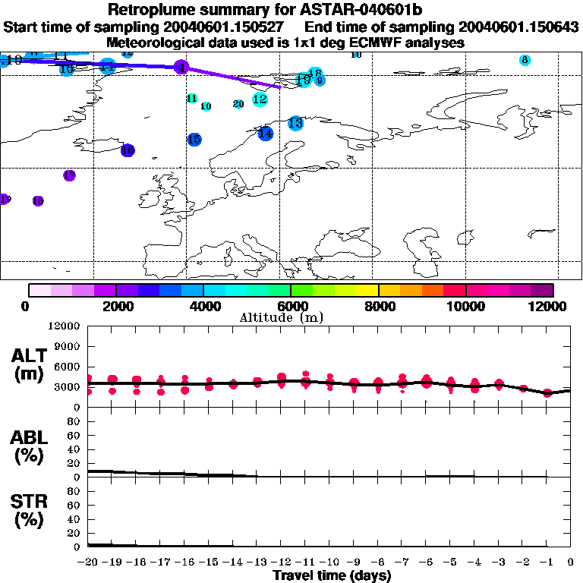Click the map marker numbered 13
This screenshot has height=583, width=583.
click(x=295, y=123)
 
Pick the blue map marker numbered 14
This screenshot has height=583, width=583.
click(x=265, y=134)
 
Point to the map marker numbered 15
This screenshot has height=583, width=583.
click(x=194, y=139)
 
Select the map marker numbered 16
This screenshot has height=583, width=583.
click(x=128, y=151)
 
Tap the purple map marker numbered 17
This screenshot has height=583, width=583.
click(x=69, y=175)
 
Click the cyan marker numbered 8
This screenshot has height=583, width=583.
click(x=525, y=60)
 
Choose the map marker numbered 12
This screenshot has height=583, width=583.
click(x=260, y=99)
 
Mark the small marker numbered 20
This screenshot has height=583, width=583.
click(x=238, y=104)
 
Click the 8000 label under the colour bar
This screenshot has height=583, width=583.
click(x=378, y=306)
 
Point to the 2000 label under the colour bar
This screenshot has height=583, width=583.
click(x=115, y=306)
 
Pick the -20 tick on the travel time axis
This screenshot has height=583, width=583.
click(x=88, y=563)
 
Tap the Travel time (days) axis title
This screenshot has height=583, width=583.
click(x=332, y=576)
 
